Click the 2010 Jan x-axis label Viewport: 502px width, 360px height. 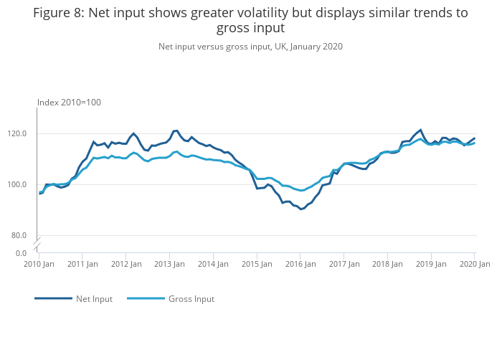point(39,264)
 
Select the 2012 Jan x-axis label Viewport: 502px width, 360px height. point(126,264)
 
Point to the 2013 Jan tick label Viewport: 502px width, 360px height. point(169,264)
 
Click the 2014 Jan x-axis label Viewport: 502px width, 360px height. point(213,264)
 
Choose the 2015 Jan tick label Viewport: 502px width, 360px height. point(257,264)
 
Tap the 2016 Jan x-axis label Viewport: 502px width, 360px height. point(300,264)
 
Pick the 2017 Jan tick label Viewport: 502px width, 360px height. point(344,264)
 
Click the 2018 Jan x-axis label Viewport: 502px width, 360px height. point(387,264)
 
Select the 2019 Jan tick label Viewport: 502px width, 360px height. point(431,264)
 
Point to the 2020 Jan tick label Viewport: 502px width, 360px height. point(474,264)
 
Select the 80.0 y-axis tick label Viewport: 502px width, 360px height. point(21,235)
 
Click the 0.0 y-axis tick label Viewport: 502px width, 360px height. point(23,253)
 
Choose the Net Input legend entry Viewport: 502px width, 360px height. point(94,298)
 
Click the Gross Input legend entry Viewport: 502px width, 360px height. point(191,298)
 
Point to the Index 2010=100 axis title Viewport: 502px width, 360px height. point(69,103)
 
